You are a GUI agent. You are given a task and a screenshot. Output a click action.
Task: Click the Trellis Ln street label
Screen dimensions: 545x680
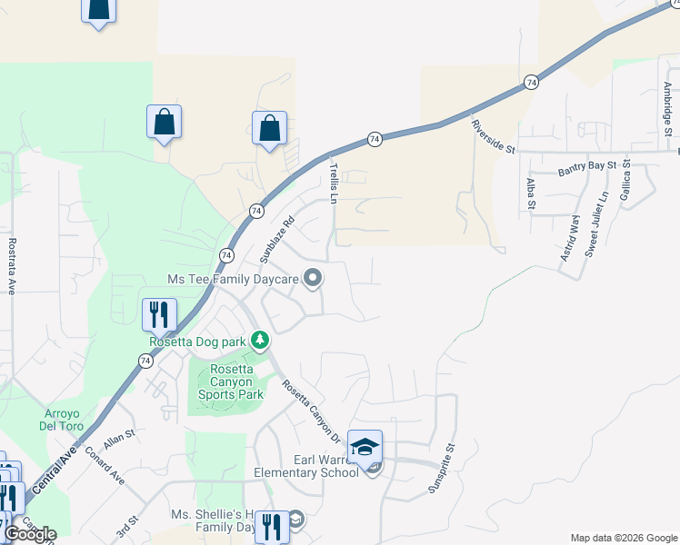[335, 183]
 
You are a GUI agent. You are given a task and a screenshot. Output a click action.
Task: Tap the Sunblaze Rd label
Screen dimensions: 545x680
[277, 239]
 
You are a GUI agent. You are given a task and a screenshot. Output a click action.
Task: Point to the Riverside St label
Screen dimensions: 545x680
[494, 136]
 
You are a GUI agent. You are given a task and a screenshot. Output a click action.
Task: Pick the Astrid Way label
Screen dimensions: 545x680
[568, 238]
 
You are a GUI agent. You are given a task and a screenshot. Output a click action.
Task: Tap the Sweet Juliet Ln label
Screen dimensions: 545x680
[596, 224]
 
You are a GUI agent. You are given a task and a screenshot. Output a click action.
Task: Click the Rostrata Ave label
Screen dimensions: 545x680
[13, 266]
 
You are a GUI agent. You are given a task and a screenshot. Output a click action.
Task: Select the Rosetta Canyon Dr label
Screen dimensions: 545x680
[310, 411]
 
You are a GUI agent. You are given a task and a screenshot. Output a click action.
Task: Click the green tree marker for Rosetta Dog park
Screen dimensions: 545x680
[261, 340]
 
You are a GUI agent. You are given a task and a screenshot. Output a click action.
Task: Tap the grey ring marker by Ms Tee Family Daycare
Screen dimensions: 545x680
[313, 279]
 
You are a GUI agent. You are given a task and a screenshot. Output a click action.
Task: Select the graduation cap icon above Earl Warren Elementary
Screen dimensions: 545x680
[365, 447]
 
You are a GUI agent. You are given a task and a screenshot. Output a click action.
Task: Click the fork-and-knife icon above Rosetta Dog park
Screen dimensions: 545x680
[159, 314]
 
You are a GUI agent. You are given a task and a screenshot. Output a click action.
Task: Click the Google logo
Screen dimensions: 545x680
[30, 534]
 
